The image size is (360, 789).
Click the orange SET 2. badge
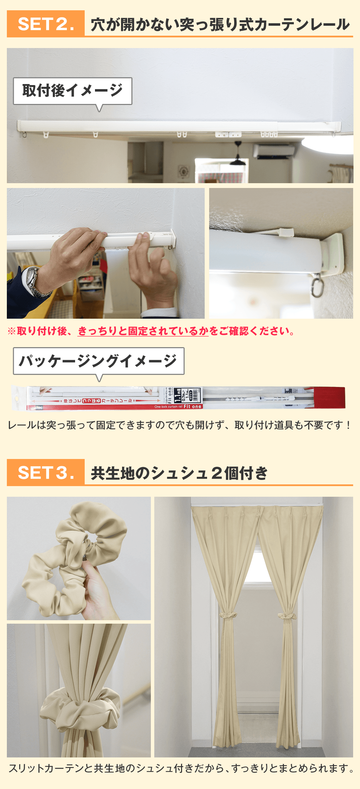click(x=46, y=24)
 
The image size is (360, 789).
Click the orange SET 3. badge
click(x=46, y=472)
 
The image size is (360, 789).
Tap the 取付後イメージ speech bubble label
click(x=72, y=91)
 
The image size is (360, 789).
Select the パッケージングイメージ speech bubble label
click(x=98, y=361)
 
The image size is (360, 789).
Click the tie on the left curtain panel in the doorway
click(x=228, y=614)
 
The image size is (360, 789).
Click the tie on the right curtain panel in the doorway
click(x=287, y=616)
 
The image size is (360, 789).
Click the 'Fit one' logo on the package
click(x=192, y=407)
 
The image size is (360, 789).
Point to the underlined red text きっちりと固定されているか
click(x=143, y=331)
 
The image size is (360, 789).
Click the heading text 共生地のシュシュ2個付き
click(x=179, y=473)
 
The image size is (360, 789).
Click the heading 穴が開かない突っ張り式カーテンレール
click(x=219, y=25)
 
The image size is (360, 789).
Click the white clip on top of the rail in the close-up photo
click(x=286, y=232)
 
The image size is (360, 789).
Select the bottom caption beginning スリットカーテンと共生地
click(x=181, y=768)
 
